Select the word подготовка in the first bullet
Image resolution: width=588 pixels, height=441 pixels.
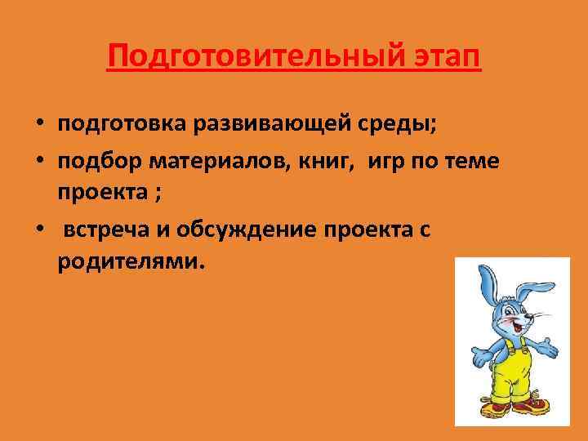122,124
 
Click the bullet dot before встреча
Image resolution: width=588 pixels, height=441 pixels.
39,230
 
